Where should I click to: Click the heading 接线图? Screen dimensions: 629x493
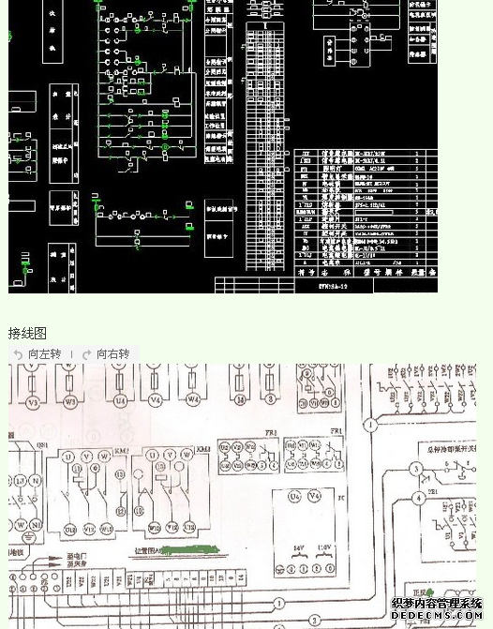[x=27, y=334]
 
